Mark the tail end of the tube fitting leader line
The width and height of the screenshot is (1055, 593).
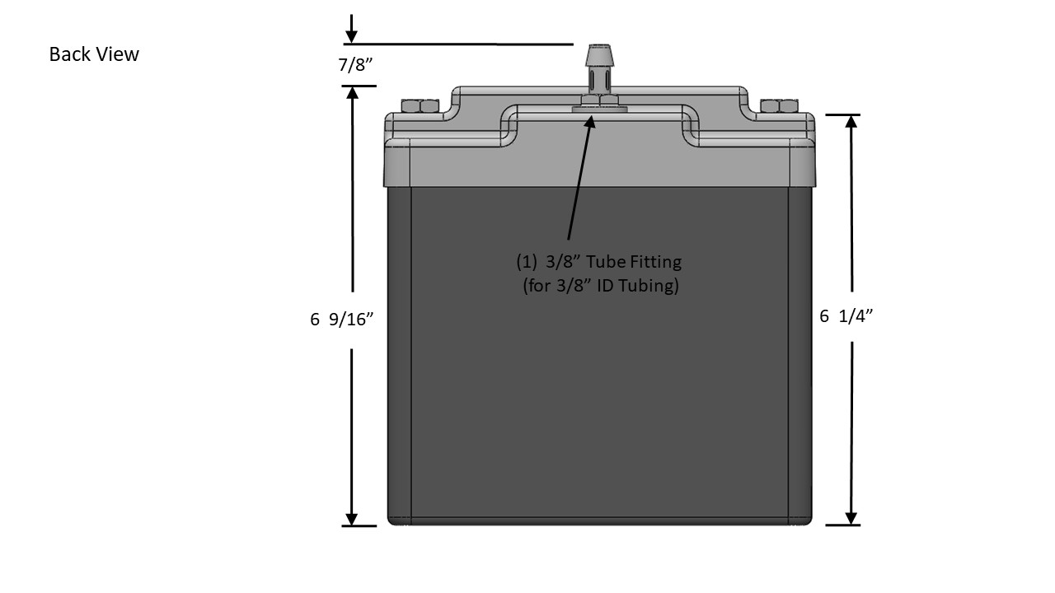point(569,240)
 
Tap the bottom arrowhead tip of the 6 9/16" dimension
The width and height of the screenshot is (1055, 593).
point(352,525)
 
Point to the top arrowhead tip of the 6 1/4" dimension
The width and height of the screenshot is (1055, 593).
point(851,116)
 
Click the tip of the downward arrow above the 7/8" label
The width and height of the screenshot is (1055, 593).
point(351,43)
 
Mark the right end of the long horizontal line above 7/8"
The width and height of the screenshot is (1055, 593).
point(573,44)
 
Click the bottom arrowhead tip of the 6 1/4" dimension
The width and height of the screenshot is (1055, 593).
point(851,525)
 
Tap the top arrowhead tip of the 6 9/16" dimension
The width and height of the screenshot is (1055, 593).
point(352,87)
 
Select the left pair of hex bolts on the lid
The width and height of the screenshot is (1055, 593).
point(420,106)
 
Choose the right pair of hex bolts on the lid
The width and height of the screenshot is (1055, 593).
point(780,106)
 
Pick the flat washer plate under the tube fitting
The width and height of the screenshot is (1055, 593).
point(599,110)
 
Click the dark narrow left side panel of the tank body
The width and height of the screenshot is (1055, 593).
point(400,355)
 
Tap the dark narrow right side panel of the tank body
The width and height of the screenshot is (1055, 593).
point(800,355)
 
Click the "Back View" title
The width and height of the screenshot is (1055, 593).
point(94,54)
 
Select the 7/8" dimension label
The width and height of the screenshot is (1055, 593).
point(355,64)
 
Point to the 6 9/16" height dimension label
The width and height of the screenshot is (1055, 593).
point(341,319)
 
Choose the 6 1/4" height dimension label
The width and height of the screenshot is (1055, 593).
point(846,315)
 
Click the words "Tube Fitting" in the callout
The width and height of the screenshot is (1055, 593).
point(634,261)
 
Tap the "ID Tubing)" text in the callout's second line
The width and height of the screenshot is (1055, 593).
point(638,285)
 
